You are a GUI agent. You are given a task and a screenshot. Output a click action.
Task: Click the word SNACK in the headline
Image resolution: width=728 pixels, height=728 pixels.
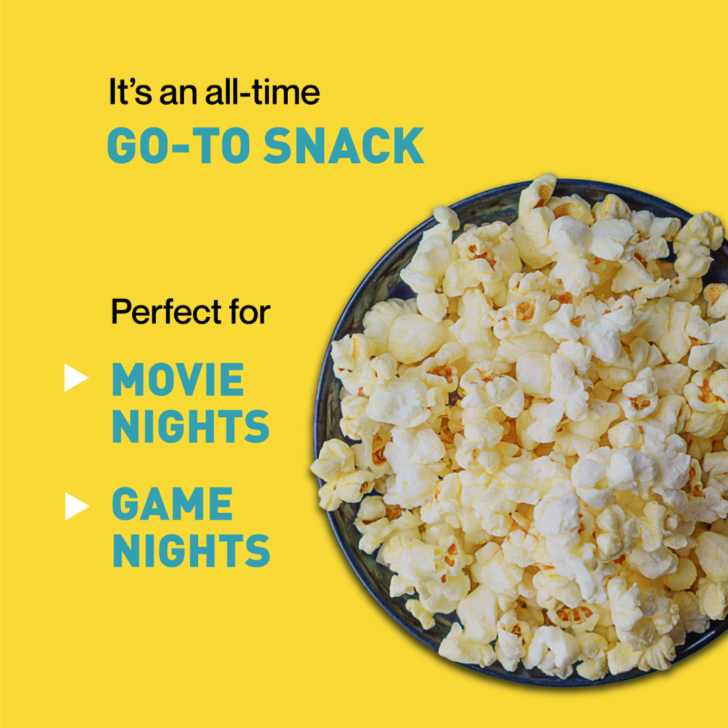(344, 146)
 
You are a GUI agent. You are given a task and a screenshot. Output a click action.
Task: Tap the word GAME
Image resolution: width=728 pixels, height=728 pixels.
(173, 504)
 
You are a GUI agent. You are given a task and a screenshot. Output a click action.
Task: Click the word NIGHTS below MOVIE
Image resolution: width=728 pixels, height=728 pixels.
(191, 426)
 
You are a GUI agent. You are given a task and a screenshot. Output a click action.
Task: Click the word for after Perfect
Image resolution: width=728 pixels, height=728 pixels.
(249, 311)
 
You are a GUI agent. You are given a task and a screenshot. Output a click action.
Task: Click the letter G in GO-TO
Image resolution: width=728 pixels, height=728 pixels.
(123, 146)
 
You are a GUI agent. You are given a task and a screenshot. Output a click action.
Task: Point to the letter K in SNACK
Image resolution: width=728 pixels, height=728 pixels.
(408, 146)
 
